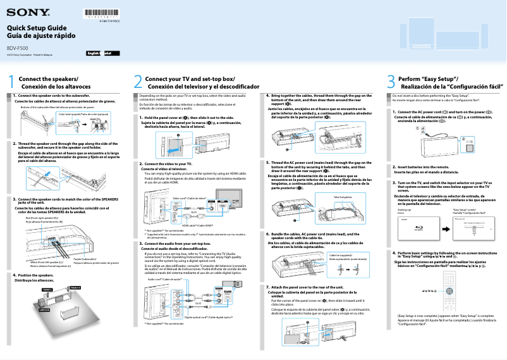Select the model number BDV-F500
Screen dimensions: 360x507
tap(17, 48)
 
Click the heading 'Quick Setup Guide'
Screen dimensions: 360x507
tap(36, 28)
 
